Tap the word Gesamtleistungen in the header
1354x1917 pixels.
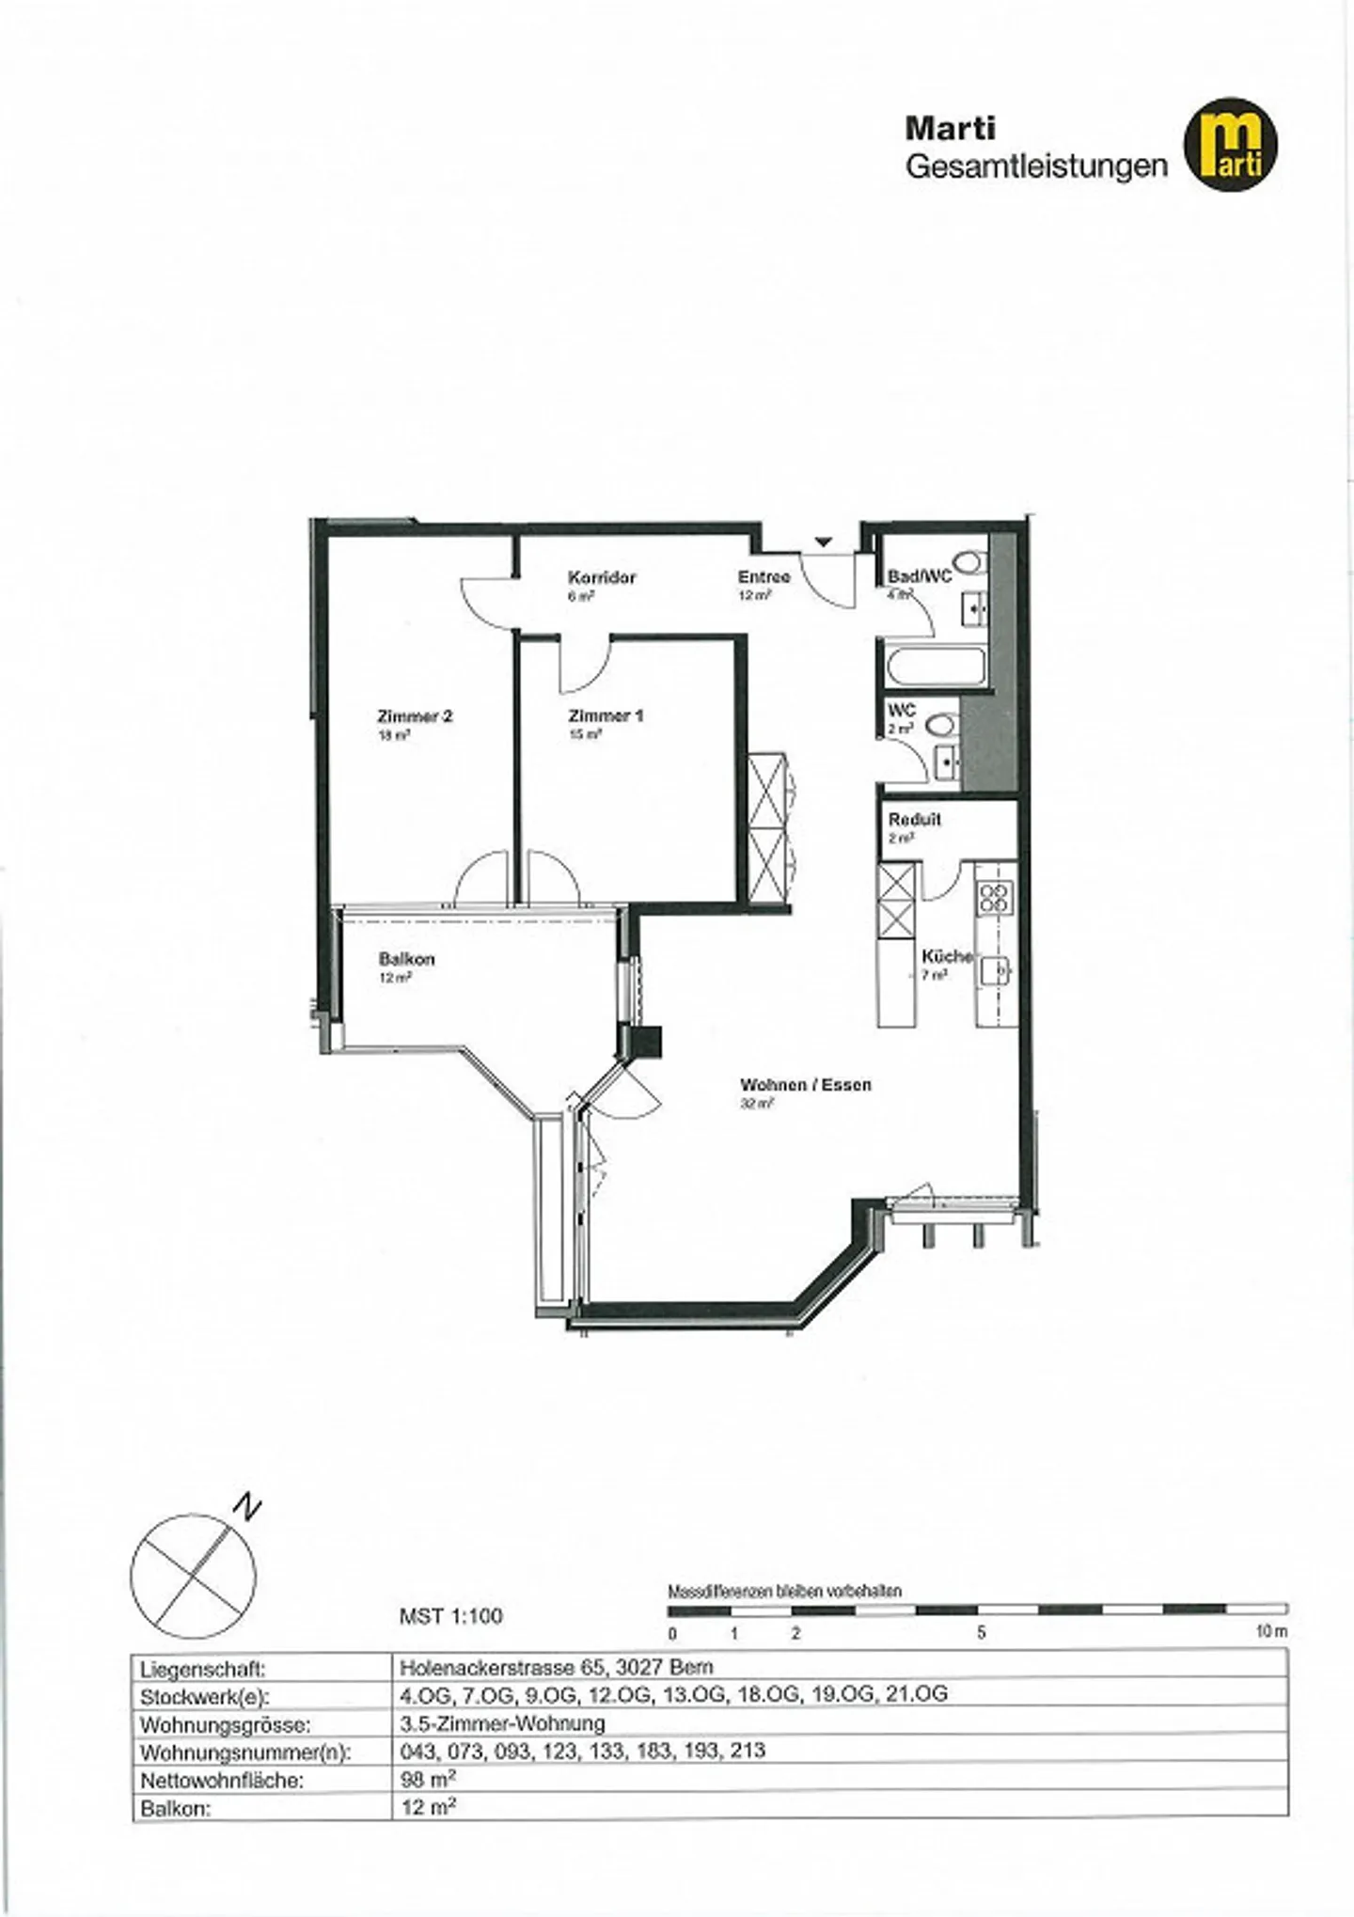click(x=1035, y=166)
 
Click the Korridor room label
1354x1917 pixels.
click(x=601, y=577)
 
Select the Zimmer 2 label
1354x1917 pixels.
click(x=415, y=716)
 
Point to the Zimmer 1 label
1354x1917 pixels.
click(x=606, y=716)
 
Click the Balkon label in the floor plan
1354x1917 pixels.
click(x=406, y=960)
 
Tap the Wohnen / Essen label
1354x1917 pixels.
click(x=805, y=1085)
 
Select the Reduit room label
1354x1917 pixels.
click(x=914, y=820)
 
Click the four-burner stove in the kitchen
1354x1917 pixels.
click(x=994, y=898)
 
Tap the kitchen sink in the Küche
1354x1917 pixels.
click(x=995, y=969)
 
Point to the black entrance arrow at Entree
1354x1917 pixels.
click(x=824, y=542)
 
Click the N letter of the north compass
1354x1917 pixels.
click(x=246, y=1508)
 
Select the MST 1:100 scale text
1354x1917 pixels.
click(x=450, y=1616)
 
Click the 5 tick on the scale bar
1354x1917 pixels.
click(x=981, y=1633)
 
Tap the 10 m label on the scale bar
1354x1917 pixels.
click(x=1270, y=1632)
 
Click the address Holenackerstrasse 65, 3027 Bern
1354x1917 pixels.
click(x=556, y=1667)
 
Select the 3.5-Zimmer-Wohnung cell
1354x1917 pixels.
click(x=502, y=1723)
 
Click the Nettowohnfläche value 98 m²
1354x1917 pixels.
click(x=428, y=1780)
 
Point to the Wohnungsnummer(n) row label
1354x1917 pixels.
click(x=244, y=1752)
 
